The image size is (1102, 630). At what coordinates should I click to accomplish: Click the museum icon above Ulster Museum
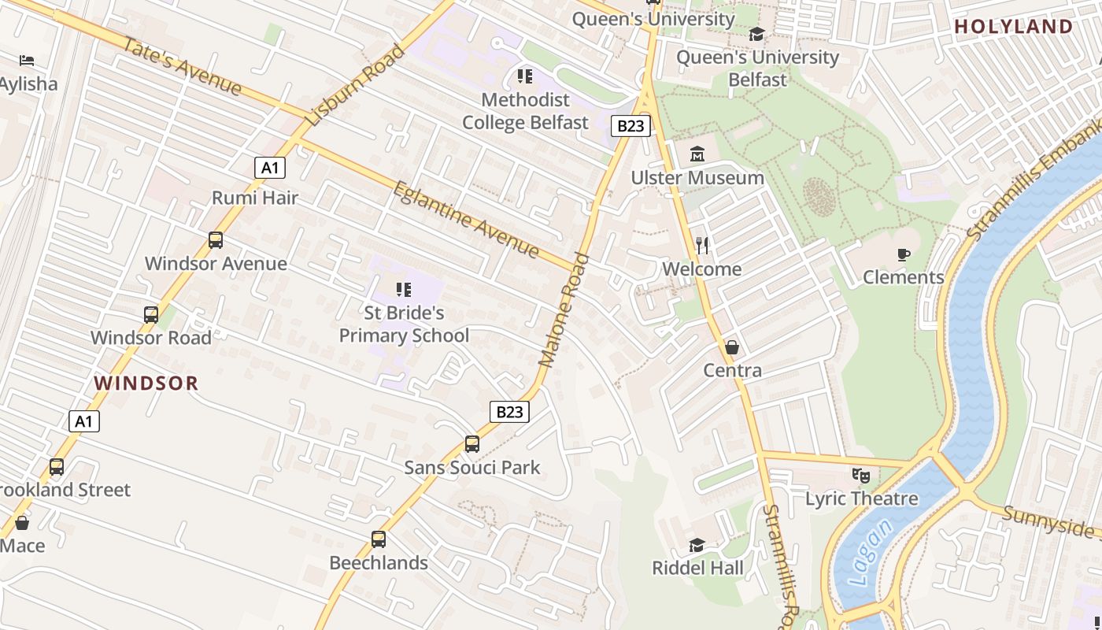[697, 154]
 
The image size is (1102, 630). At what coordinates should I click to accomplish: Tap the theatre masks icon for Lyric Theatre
[861, 476]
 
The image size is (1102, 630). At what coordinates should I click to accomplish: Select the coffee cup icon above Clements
[903, 254]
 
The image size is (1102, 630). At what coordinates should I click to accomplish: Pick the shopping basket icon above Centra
[732, 347]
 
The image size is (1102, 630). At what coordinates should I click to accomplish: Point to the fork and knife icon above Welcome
[702, 246]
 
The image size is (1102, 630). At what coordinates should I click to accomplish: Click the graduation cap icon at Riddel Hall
[697, 545]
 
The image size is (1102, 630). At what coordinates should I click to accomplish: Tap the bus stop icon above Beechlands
[379, 539]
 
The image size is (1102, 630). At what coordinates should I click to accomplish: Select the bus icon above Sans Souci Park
[472, 444]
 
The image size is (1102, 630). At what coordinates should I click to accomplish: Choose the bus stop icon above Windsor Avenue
[216, 240]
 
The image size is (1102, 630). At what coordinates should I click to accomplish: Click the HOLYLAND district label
[1014, 27]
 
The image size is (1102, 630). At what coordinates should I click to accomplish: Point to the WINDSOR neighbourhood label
[146, 384]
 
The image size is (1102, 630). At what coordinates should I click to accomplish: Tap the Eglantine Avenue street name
[466, 220]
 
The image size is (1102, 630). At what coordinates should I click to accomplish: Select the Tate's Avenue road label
[181, 65]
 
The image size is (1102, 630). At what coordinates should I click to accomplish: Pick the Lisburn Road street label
[355, 86]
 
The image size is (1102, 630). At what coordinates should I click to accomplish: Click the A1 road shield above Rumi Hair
[270, 168]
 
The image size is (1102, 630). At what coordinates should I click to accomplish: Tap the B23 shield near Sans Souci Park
[509, 412]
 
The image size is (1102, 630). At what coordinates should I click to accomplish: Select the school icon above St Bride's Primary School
[404, 290]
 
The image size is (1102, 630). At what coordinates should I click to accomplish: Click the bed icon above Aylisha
[27, 61]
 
